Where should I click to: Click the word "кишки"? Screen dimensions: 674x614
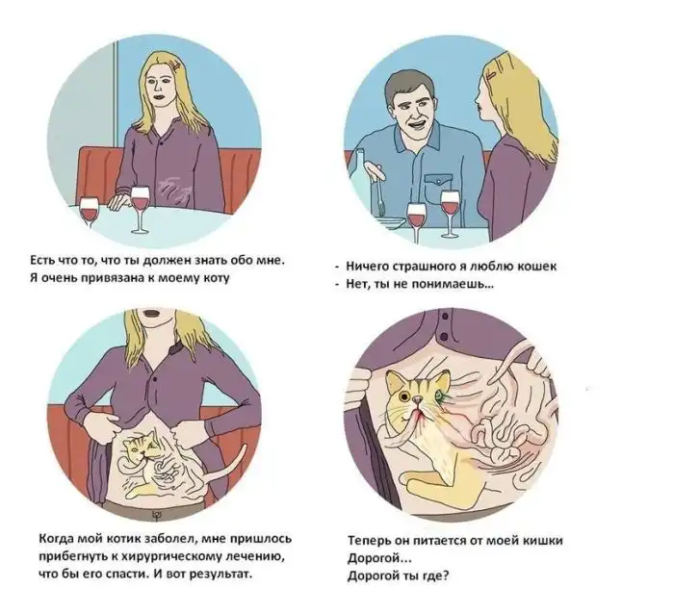(543, 540)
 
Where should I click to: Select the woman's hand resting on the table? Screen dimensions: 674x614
(118, 200)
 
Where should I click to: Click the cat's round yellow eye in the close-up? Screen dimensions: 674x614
(404, 396)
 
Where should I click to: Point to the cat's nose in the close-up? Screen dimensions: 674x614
(416, 400)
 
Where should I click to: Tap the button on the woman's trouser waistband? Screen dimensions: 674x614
(155, 514)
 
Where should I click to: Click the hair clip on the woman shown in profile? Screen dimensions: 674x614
(491, 76)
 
